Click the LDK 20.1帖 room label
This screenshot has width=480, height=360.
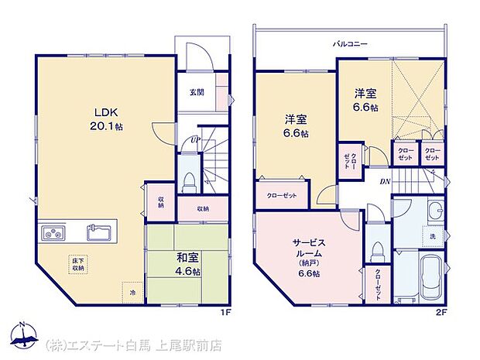point(105,115)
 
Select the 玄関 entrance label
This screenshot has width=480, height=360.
point(196,92)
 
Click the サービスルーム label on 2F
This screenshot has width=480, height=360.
point(308,254)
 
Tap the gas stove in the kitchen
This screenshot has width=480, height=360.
point(53,232)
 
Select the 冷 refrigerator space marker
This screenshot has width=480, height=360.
point(132,292)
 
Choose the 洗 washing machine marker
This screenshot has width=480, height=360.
point(433,235)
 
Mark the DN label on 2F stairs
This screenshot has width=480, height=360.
point(384,182)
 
